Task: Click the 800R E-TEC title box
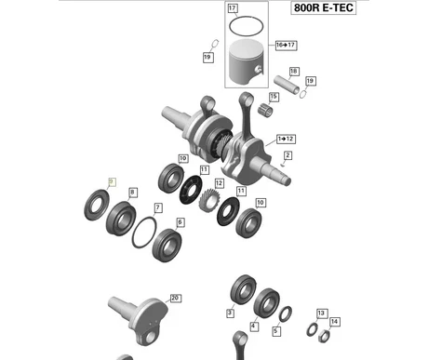pyautogui.click(x=323, y=7)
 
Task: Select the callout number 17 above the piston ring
pyautogui.click(x=233, y=8)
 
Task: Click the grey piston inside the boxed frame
pyautogui.click(x=246, y=62)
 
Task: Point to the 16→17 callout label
pyautogui.click(x=286, y=45)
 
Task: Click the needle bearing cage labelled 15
pyautogui.click(x=265, y=111)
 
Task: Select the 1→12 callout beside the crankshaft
pyautogui.click(x=286, y=139)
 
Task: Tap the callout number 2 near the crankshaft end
pyautogui.click(x=288, y=155)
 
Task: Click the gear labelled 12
pyautogui.click(x=208, y=201)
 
